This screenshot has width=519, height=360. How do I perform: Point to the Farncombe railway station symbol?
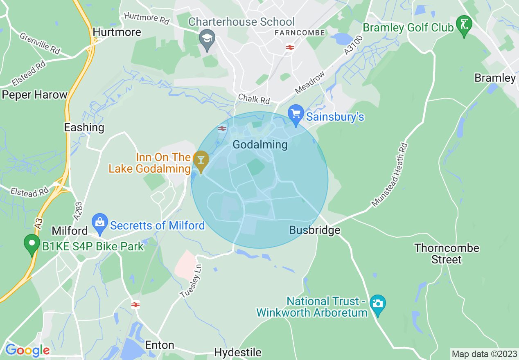[290, 47]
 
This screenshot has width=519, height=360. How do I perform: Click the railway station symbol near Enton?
[135, 305]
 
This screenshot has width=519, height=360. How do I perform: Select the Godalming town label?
[260, 144]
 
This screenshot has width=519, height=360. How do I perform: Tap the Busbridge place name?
[314, 230]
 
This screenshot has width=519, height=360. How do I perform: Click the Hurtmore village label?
[117, 32]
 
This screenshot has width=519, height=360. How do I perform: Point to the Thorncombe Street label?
[447, 254]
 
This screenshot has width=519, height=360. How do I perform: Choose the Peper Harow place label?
[34, 95]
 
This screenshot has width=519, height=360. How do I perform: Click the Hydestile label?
[237, 352]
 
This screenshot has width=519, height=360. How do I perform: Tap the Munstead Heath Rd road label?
[390, 175]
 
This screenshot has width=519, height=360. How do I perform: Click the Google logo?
[27, 350]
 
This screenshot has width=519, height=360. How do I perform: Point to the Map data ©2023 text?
[483, 353]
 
